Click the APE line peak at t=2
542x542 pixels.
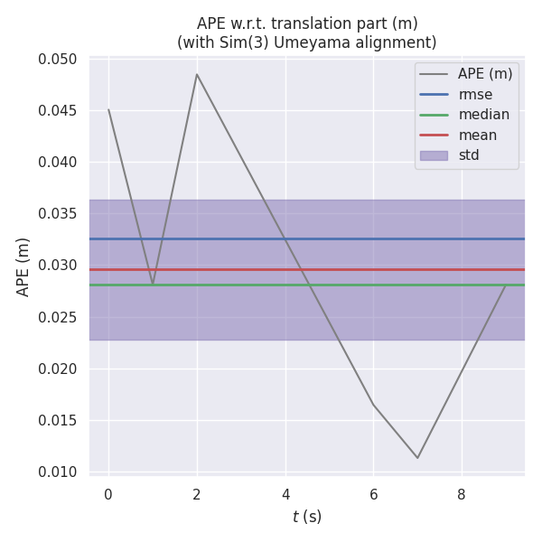[x=197, y=74]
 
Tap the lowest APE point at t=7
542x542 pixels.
[x=417, y=458]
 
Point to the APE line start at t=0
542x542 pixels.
[x=108, y=109]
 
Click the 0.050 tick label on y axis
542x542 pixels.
[x=57, y=60]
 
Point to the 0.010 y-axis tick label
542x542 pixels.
[x=57, y=472]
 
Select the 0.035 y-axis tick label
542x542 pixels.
[x=57, y=214]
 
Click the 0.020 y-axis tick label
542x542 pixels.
[x=57, y=369]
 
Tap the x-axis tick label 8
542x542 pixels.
[x=462, y=494]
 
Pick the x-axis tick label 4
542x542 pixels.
[x=285, y=494]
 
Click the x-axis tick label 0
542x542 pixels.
[x=108, y=494]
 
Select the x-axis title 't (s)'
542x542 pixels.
[x=307, y=517]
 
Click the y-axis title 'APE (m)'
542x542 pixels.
[x=23, y=266]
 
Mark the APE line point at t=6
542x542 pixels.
[x=373, y=405]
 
